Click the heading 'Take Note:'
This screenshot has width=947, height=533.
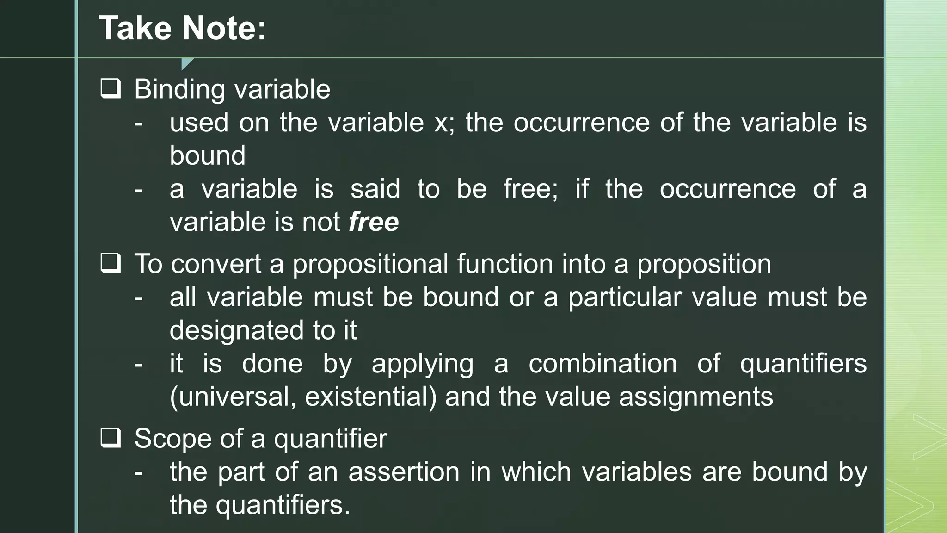tap(183, 29)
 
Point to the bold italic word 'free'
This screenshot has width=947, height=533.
tap(374, 222)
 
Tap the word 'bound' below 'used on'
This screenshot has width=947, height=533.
tap(207, 155)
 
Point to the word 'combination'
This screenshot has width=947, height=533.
tap(603, 364)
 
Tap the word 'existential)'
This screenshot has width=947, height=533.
tap(370, 397)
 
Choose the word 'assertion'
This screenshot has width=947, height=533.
tap(404, 472)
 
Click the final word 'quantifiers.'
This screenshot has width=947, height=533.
tap(283, 505)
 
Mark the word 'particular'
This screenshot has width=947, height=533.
tap(625, 297)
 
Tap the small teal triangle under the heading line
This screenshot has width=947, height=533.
tap(186, 63)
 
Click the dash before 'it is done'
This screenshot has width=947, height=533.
tap(138, 364)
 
